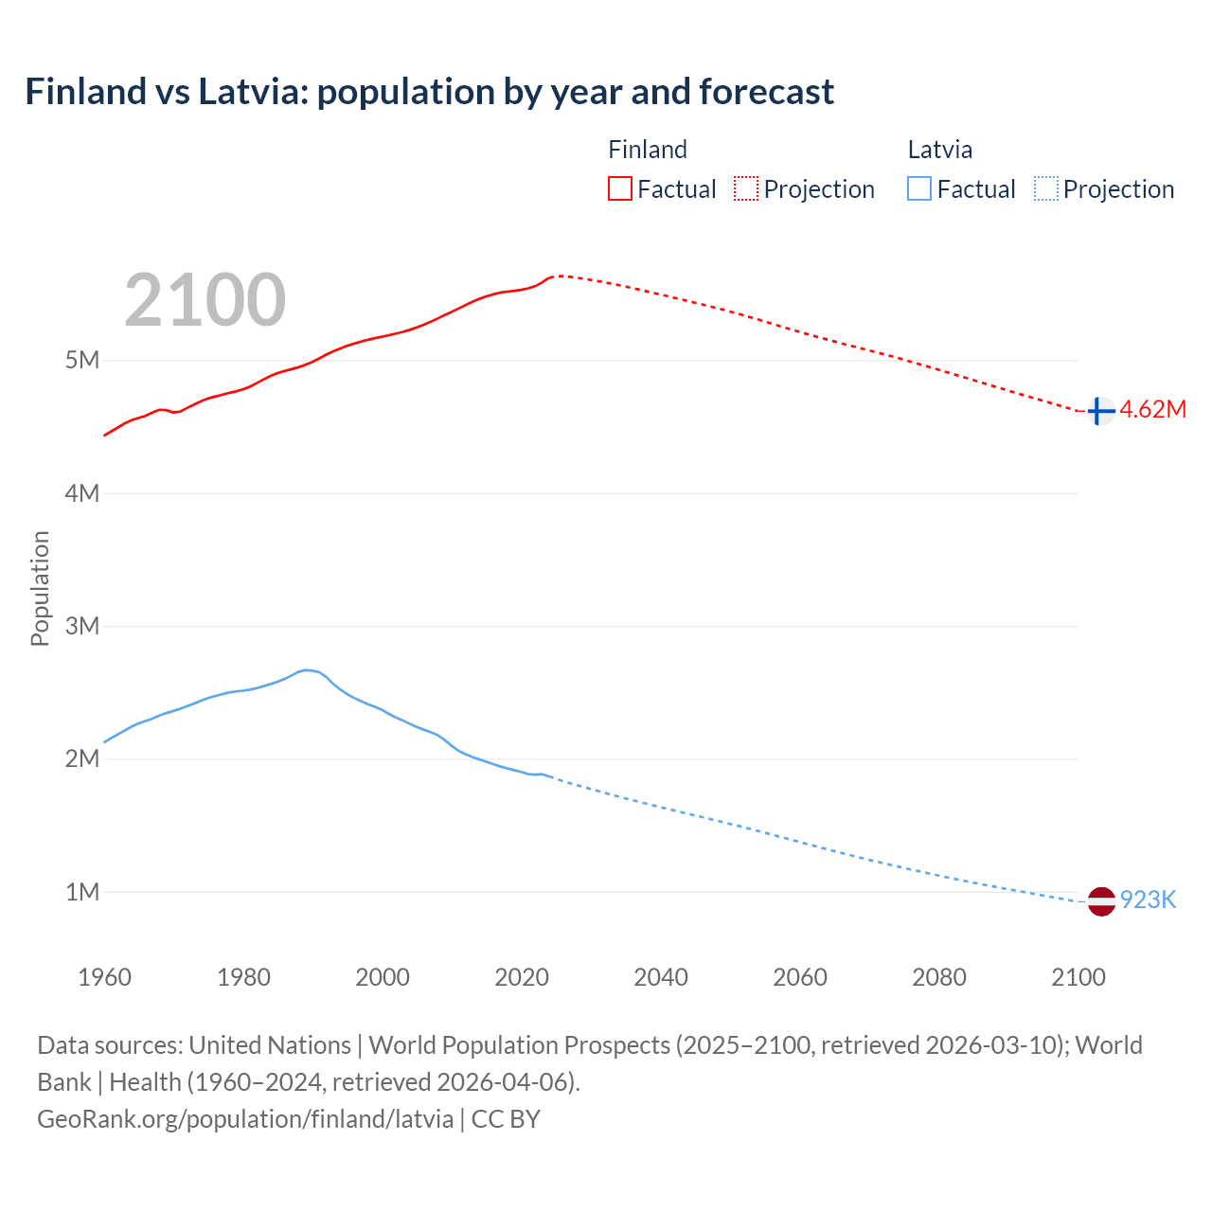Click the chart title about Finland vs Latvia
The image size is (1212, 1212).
pyautogui.click(x=429, y=92)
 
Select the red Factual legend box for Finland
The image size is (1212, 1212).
pyautogui.click(x=619, y=188)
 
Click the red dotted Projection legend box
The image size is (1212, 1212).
pyautogui.click(x=746, y=188)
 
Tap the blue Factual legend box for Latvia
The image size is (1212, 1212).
pyautogui.click(x=918, y=188)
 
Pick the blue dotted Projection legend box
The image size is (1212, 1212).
pyautogui.click(x=1045, y=188)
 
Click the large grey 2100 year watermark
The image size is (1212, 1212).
pyautogui.click(x=205, y=300)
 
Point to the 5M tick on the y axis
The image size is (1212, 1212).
pyautogui.click(x=82, y=361)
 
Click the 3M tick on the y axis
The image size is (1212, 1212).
pyautogui.click(x=82, y=626)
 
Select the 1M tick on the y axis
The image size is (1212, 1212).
pyautogui.click(x=82, y=892)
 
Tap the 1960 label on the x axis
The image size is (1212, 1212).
pyautogui.click(x=104, y=977)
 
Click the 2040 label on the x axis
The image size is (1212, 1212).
pyautogui.click(x=661, y=977)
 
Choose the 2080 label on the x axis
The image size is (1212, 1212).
pyautogui.click(x=939, y=977)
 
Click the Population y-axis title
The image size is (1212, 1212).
pyautogui.click(x=40, y=588)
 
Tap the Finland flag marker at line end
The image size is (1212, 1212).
pyautogui.click(x=1099, y=411)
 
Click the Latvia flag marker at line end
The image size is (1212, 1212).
pyautogui.click(x=1101, y=901)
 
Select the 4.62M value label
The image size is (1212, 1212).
pyautogui.click(x=1152, y=410)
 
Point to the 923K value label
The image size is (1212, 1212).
pyautogui.click(x=1148, y=900)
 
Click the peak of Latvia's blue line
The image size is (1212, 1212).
pyautogui.click(x=306, y=669)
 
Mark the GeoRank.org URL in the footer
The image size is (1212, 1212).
pyautogui.click(x=245, y=1118)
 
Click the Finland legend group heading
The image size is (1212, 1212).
pyautogui.click(x=647, y=150)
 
